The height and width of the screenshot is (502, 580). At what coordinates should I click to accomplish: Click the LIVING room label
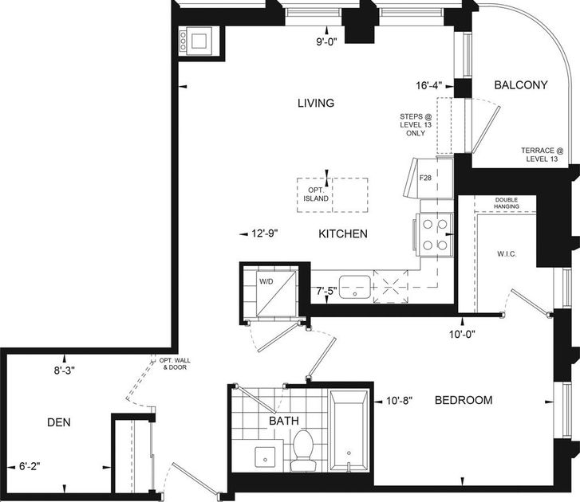[x=316, y=103]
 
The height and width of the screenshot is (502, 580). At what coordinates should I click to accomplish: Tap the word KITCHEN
[x=343, y=233]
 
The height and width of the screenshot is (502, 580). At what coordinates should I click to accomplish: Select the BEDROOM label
[x=464, y=400]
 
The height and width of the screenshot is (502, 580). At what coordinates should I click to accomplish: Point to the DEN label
[x=59, y=422]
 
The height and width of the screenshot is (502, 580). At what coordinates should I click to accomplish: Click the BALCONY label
[x=521, y=85]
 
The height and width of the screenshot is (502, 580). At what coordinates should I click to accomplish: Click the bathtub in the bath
[x=349, y=431]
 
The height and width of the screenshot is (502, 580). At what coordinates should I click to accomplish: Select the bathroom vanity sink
[x=265, y=457]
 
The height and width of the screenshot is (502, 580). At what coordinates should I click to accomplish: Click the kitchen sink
[x=355, y=287]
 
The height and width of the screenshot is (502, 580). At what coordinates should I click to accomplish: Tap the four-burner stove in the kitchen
[x=434, y=234]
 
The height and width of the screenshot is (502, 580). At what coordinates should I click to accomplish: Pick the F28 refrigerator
[x=428, y=178]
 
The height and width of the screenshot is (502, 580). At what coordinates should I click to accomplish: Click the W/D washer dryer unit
[x=276, y=293]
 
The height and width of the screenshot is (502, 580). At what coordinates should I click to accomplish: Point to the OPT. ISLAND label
[x=316, y=194]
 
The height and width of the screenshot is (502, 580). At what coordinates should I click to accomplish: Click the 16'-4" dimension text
[x=429, y=86]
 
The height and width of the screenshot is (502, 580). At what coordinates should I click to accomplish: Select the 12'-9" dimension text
[x=265, y=233]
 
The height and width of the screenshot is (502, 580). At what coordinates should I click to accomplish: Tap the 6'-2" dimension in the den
[x=30, y=466]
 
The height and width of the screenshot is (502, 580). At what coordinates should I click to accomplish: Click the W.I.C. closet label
[x=507, y=254]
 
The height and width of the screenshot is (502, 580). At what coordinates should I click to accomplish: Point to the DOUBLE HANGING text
[x=507, y=203]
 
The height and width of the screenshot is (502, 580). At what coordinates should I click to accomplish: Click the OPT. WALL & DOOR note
[x=175, y=364]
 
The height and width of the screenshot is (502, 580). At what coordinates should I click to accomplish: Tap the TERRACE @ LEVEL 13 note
[x=543, y=155]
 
